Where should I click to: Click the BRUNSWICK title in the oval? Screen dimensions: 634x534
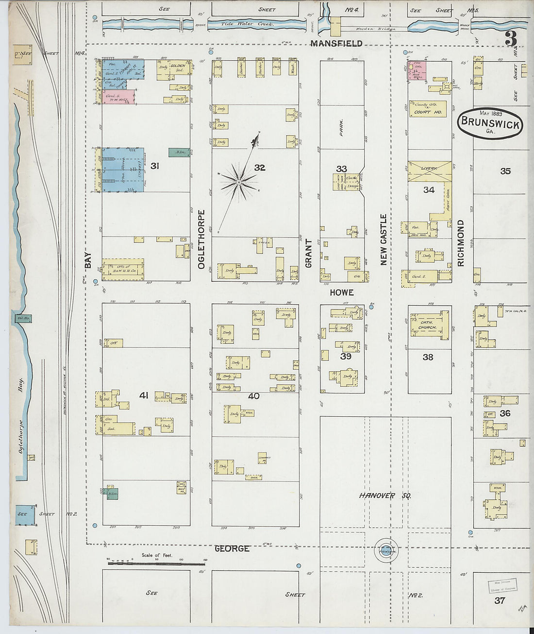[x=490, y=122]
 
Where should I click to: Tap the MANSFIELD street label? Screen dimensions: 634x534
[x=336, y=43]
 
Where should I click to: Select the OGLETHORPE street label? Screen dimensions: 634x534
[x=201, y=239]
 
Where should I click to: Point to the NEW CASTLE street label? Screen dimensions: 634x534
[x=384, y=240]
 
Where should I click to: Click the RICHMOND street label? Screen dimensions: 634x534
[x=461, y=243]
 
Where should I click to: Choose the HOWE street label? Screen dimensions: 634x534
[x=342, y=292]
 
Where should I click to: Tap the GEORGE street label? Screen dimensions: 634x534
[x=232, y=548]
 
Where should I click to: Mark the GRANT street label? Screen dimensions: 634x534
[x=308, y=253]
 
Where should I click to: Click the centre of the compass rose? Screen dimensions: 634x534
[x=238, y=182]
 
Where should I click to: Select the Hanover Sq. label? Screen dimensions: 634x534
[x=385, y=496]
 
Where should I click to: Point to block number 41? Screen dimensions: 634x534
[x=144, y=395]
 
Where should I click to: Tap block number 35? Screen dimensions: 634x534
[x=505, y=171]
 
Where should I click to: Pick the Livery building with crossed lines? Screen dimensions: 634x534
[x=430, y=171]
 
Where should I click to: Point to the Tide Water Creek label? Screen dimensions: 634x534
[x=248, y=23]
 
